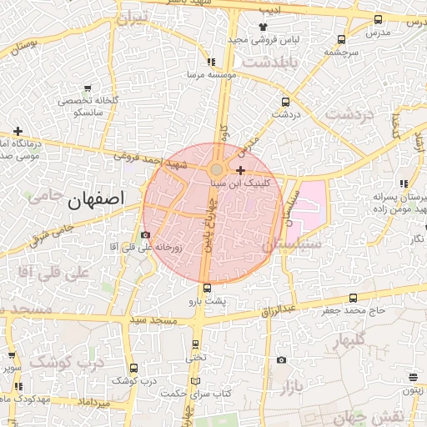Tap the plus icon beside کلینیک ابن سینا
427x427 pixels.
pos(241,170)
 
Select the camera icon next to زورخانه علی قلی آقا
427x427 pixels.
pos(146,235)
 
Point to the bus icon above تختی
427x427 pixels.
pos(197,343)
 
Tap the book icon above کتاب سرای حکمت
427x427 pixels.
pos(195,380)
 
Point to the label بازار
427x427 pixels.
pos(290,385)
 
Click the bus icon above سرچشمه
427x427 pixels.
pos(342,38)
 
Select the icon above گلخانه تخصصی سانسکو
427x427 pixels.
pos(88,87)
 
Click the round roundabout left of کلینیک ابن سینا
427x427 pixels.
pos(216,169)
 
